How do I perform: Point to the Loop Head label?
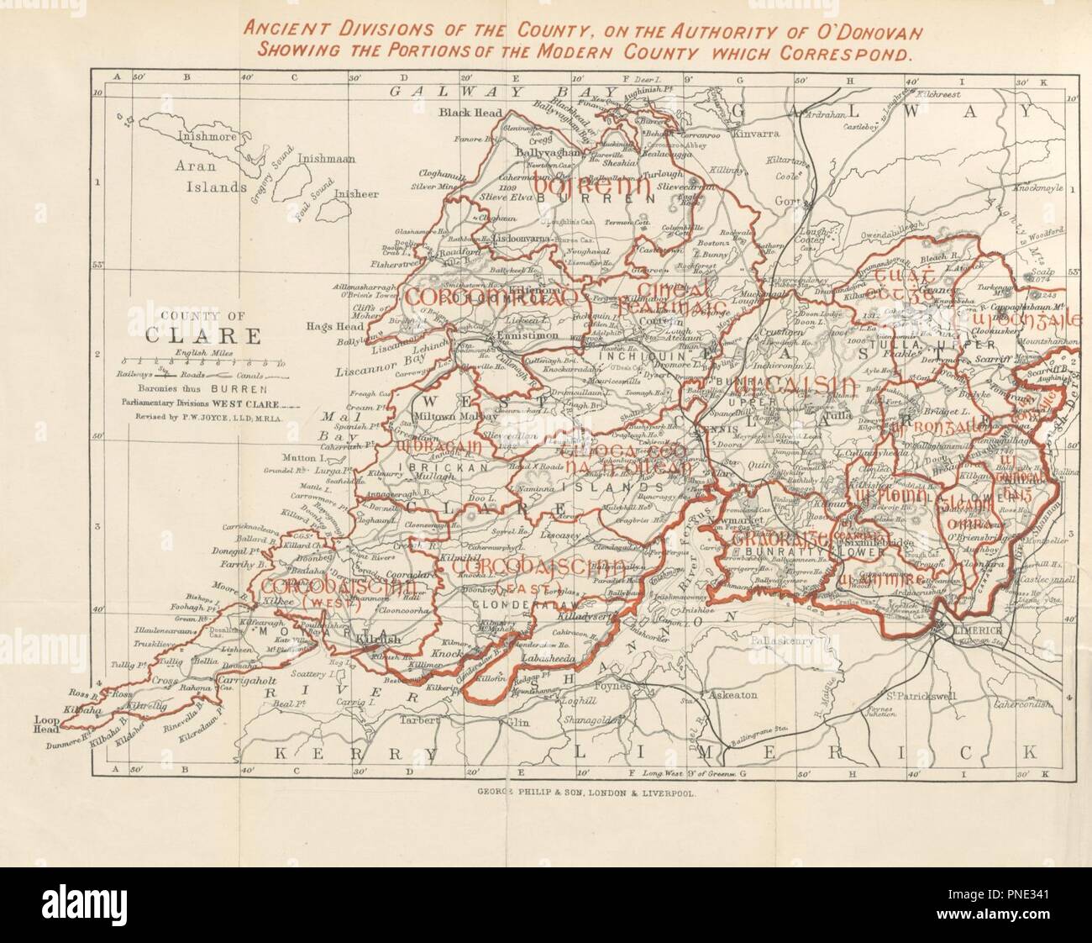pyautogui.click(x=47, y=724)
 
